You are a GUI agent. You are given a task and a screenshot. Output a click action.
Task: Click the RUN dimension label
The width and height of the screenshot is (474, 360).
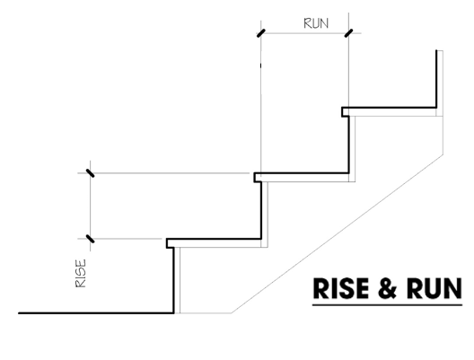316,23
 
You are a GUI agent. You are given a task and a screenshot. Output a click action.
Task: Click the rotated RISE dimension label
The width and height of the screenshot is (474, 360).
81,273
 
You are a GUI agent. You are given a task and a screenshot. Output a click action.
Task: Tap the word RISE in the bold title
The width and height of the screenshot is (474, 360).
341,288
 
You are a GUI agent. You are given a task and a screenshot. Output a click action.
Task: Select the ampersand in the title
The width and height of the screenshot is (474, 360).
387,288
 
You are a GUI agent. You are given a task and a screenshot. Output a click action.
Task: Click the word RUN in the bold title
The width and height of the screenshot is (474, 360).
434,288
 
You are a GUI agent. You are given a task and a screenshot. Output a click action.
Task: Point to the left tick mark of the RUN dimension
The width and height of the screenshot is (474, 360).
261,33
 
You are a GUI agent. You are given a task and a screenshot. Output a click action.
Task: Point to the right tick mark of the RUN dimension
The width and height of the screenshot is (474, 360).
348,33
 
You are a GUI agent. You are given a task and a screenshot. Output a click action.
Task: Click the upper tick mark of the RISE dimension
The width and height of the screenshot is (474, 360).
90,173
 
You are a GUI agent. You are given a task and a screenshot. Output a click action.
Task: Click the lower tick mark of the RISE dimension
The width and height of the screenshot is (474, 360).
90,239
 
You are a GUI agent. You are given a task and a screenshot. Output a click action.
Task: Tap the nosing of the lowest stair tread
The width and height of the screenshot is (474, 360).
170,243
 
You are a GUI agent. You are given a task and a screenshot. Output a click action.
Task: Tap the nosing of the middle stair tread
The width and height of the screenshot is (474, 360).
258,178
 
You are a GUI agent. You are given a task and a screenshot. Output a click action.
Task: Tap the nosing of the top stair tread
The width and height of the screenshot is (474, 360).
346,112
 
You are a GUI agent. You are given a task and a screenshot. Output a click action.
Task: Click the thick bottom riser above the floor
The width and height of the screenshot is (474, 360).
173,280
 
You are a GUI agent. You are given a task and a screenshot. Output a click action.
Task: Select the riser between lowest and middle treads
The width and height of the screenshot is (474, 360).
261,210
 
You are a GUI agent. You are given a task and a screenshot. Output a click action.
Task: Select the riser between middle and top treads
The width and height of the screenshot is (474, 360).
349,145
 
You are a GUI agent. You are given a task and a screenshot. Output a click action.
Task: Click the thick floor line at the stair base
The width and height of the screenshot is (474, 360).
96,313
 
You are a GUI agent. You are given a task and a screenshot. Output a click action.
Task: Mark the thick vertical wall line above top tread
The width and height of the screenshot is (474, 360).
436,79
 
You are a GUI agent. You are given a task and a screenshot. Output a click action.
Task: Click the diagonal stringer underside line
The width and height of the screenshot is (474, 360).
338,234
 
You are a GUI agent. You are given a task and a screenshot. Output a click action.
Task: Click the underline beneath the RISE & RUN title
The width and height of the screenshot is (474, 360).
387,305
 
